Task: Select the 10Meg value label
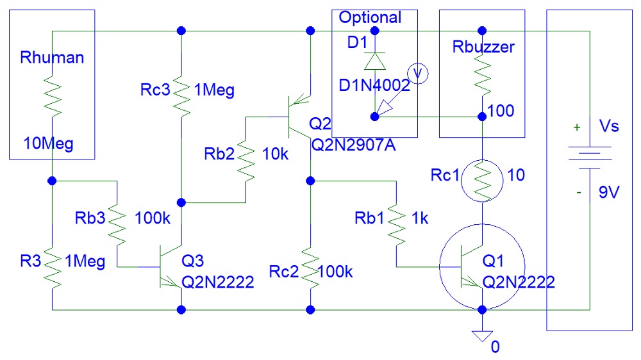click(x=48, y=143)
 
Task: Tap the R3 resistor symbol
click(x=53, y=268)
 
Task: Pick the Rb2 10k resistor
click(x=246, y=160)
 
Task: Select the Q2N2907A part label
click(x=353, y=145)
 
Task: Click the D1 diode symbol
click(x=374, y=61)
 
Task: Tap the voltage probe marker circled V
click(x=418, y=75)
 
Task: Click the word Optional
click(x=370, y=18)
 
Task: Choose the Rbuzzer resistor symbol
click(x=481, y=76)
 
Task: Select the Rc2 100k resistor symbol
click(x=310, y=268)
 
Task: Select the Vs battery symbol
click(x=588, y=156)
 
